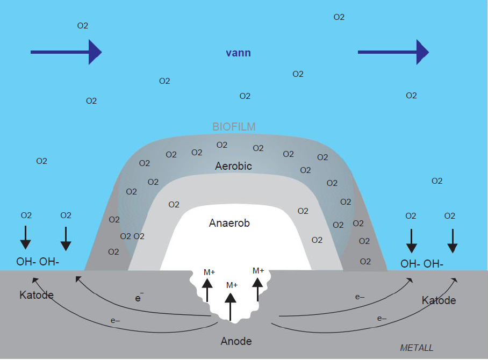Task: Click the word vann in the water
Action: (238, 53)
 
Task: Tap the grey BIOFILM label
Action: (234, 127)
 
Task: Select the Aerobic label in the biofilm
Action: (233, 166)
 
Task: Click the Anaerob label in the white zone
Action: (229, 223)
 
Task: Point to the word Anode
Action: (236, 341)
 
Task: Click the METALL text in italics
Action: (417, 348)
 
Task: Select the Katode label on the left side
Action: (37, 295)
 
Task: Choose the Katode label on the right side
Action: (439, 300)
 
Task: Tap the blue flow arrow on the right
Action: (393, 52)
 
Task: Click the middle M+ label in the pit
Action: (232, 285)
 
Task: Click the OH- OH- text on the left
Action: (38, 262)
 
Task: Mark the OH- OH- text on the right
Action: (422, 264)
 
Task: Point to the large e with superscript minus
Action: (139, 297)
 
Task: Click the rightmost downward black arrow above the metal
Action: (453, 241)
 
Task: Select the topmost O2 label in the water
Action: (339, 17)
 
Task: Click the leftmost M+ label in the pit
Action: (209, 272)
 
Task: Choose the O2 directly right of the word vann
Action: (298, 74)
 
